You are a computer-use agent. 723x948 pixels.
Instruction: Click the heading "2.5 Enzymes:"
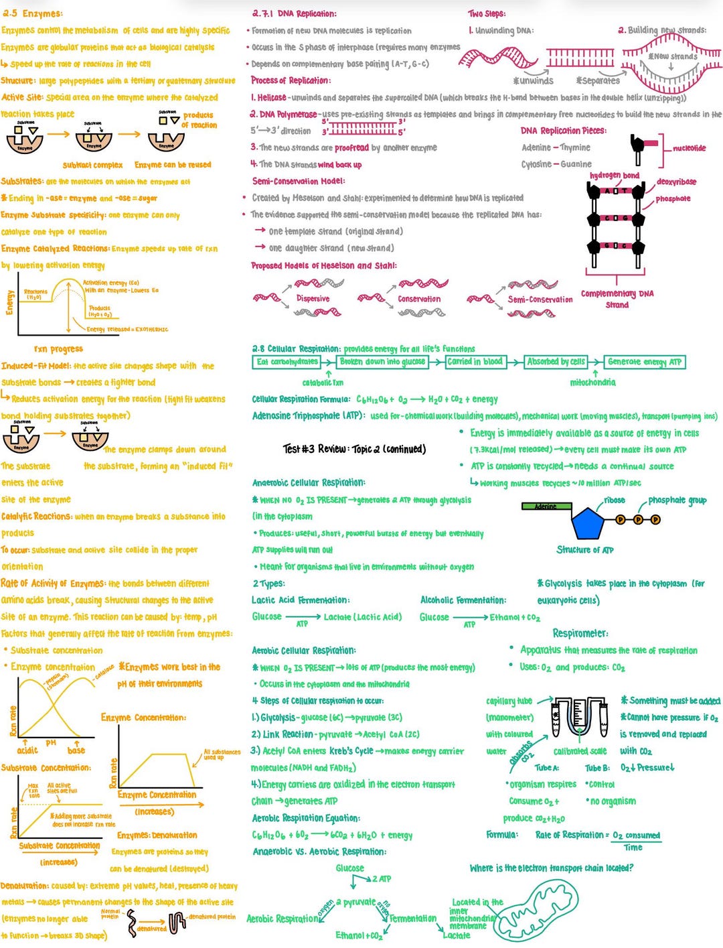[x=32, y=13]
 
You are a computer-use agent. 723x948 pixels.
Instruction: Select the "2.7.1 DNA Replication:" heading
[x=295, y=13]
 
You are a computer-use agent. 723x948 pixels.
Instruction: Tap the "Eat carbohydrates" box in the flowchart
[x=287, y=362]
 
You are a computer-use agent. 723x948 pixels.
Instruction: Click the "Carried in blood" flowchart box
[x=475, y=362]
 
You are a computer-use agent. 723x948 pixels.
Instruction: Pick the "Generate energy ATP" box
[x=644, y=362]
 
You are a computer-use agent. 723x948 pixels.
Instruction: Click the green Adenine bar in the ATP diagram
[x=546, y=506]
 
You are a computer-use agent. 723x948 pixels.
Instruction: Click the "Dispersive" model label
[x=313, y=299]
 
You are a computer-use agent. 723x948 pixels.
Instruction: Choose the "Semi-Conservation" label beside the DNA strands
[x=540, y=299]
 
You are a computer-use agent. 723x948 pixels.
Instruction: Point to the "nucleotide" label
[x=689, y=148]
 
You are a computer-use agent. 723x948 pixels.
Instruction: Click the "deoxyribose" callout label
[x=676, y=182]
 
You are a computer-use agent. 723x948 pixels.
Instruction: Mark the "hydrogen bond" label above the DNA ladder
[x=614, y=176]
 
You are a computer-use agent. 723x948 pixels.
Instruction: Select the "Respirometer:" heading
[x=580, y=633]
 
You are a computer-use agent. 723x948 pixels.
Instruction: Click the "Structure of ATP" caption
[x=585, y=550]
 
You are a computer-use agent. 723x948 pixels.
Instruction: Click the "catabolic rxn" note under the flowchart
[x=323, y=383]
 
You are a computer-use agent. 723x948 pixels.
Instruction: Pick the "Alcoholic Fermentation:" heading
[x=463, y=600]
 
